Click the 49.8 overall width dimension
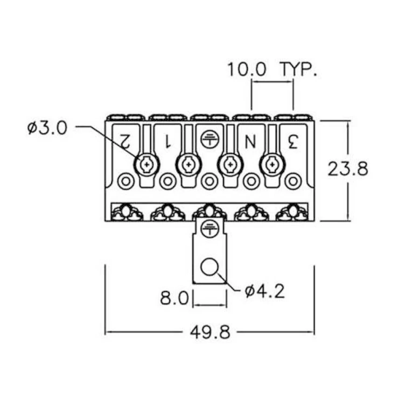210,333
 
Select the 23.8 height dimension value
348,168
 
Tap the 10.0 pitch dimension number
247,70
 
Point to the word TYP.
299,70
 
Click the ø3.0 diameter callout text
48,127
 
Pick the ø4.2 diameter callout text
264,292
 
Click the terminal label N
251,140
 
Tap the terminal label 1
167,140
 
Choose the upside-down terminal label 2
125,140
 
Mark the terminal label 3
293,140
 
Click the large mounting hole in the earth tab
210,267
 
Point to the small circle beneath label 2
126,181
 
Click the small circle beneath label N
252,181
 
